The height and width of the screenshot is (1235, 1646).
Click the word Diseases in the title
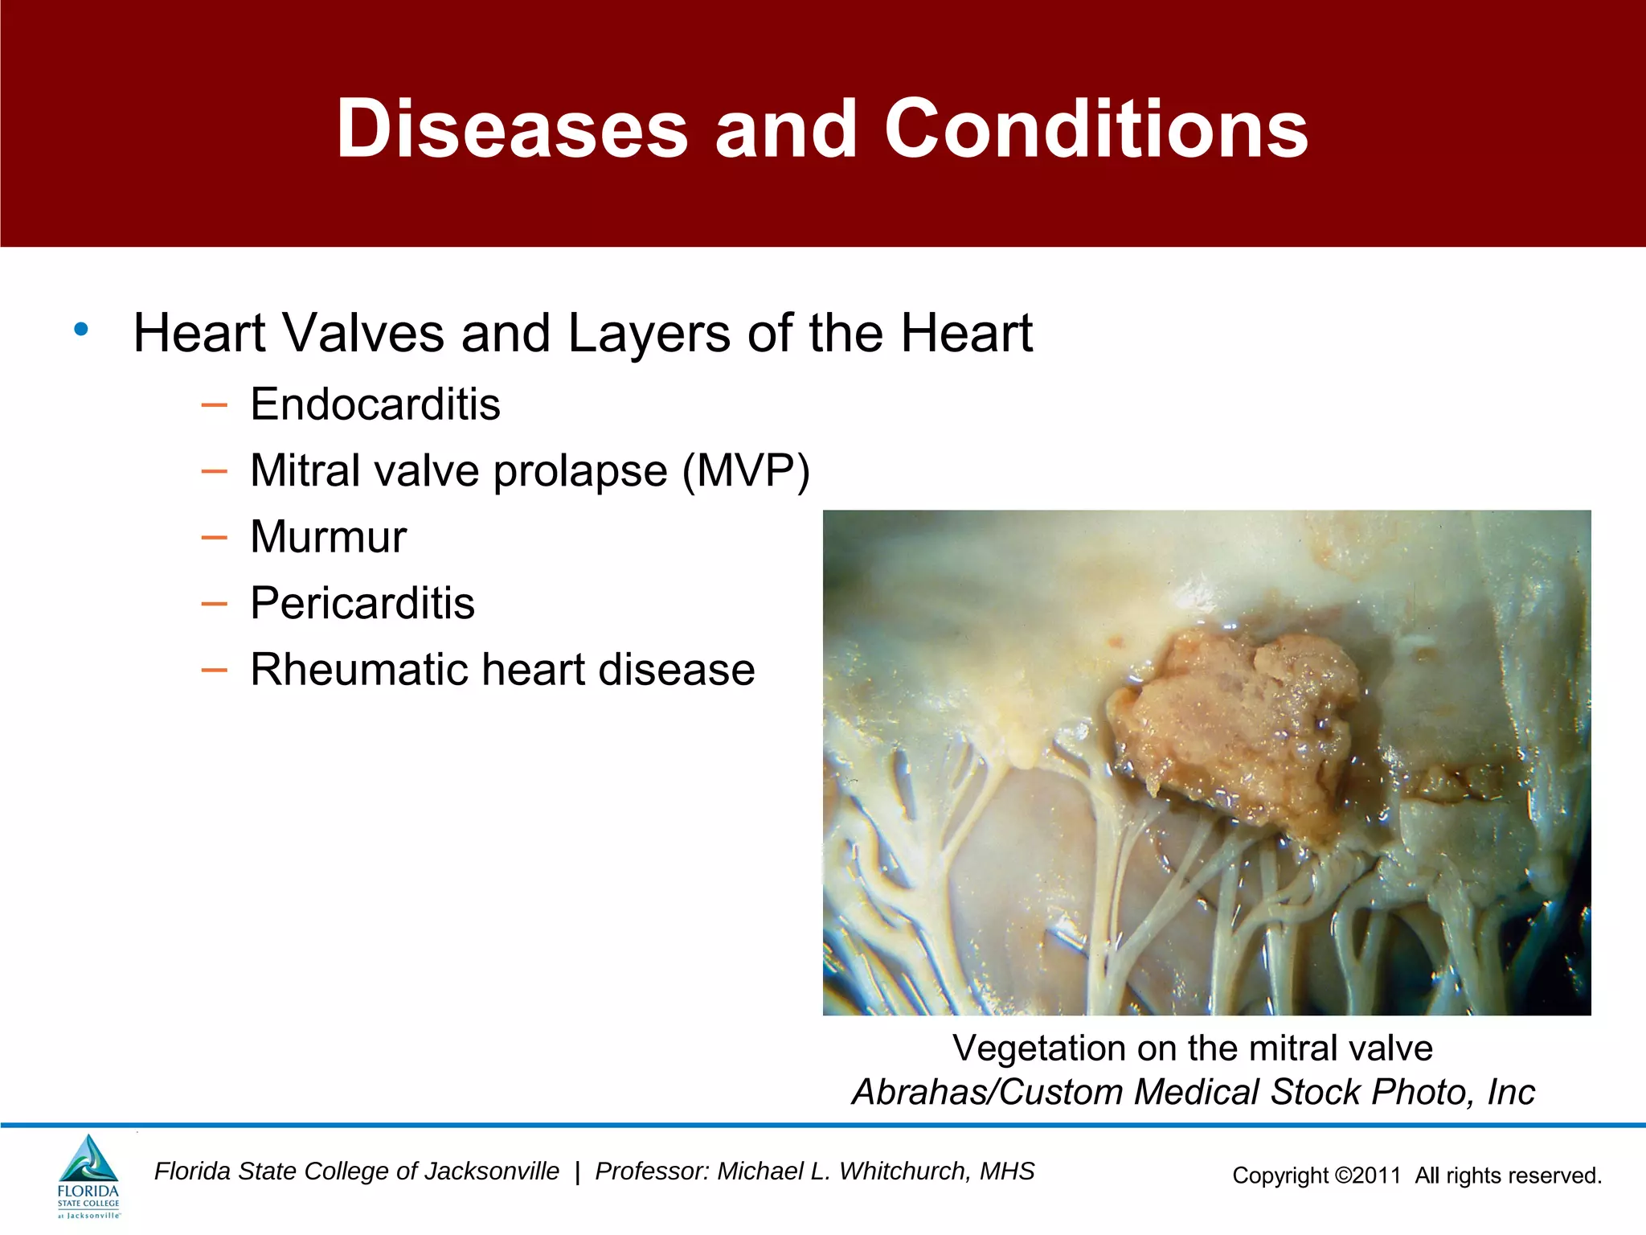[x=512, y=129]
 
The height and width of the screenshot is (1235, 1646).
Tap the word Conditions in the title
[x=1096, y=129]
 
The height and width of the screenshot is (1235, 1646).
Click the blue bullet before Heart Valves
[x=81, y=330]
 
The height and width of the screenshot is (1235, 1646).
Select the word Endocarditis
[x=375, y=404]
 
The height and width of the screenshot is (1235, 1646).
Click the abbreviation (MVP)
[x=746, y=470]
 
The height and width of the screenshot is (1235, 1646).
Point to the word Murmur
[x=328, y=536]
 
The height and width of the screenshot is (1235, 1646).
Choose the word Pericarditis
[x=362, y=603]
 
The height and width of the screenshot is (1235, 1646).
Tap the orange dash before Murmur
[x=214, y=537]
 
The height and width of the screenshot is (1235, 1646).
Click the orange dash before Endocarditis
[x=214, y=404]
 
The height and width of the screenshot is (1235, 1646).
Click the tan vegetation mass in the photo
[x=1238, y=724]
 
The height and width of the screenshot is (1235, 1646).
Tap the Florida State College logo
[x=88, y=1176]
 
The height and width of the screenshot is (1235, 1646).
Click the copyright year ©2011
[x=1368, y=1176]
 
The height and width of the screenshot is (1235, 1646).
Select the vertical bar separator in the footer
[x=577, y=1172]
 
